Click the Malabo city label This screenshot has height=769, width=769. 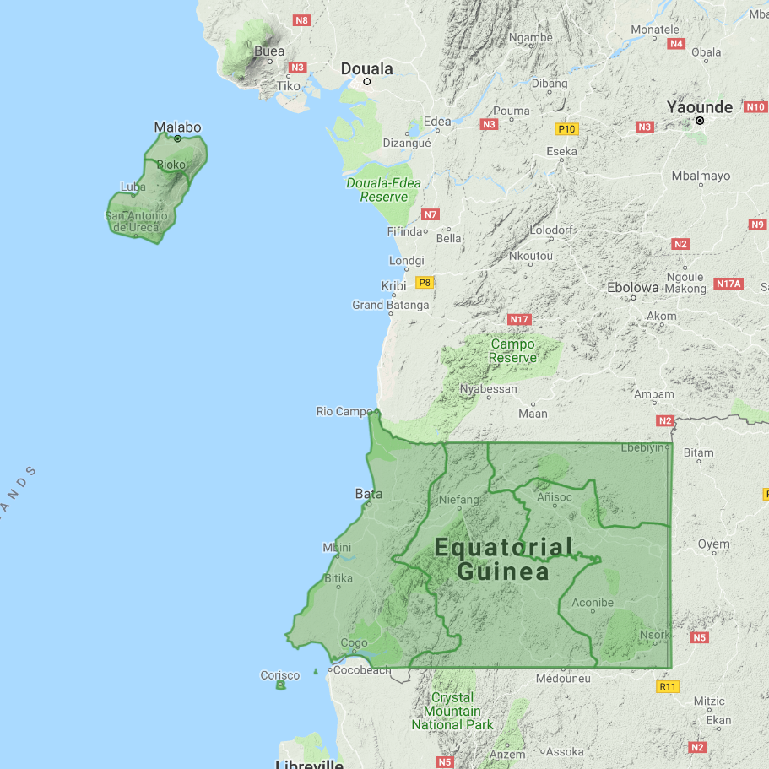[x=177, y=127]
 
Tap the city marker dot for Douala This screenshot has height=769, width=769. [x=367, y=82]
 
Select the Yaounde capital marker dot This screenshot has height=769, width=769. [x=700, y=122]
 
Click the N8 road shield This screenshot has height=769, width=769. [x=301, y=20]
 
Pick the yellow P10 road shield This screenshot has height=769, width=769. [x=566, y=129]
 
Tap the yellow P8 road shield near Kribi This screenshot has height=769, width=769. [x=424, y=283]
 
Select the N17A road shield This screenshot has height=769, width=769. [x=727, y=284]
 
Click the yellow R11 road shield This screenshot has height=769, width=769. [x=668, y=686]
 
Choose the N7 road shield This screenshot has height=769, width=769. [x=431, y=214]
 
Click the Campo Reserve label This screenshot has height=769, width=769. [x=512, y=351]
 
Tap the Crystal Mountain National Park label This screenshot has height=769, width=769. [x=452, y=712]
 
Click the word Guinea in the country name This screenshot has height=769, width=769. [x=503, y=572]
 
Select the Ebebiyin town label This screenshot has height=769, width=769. [x=643, y=447]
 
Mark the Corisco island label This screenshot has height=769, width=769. [x=279, y=675]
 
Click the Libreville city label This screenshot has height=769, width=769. [x=309, y=764]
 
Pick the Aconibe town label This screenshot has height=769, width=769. [x=593, y=603]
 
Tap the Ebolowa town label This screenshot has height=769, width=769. [x=633, y=287]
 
